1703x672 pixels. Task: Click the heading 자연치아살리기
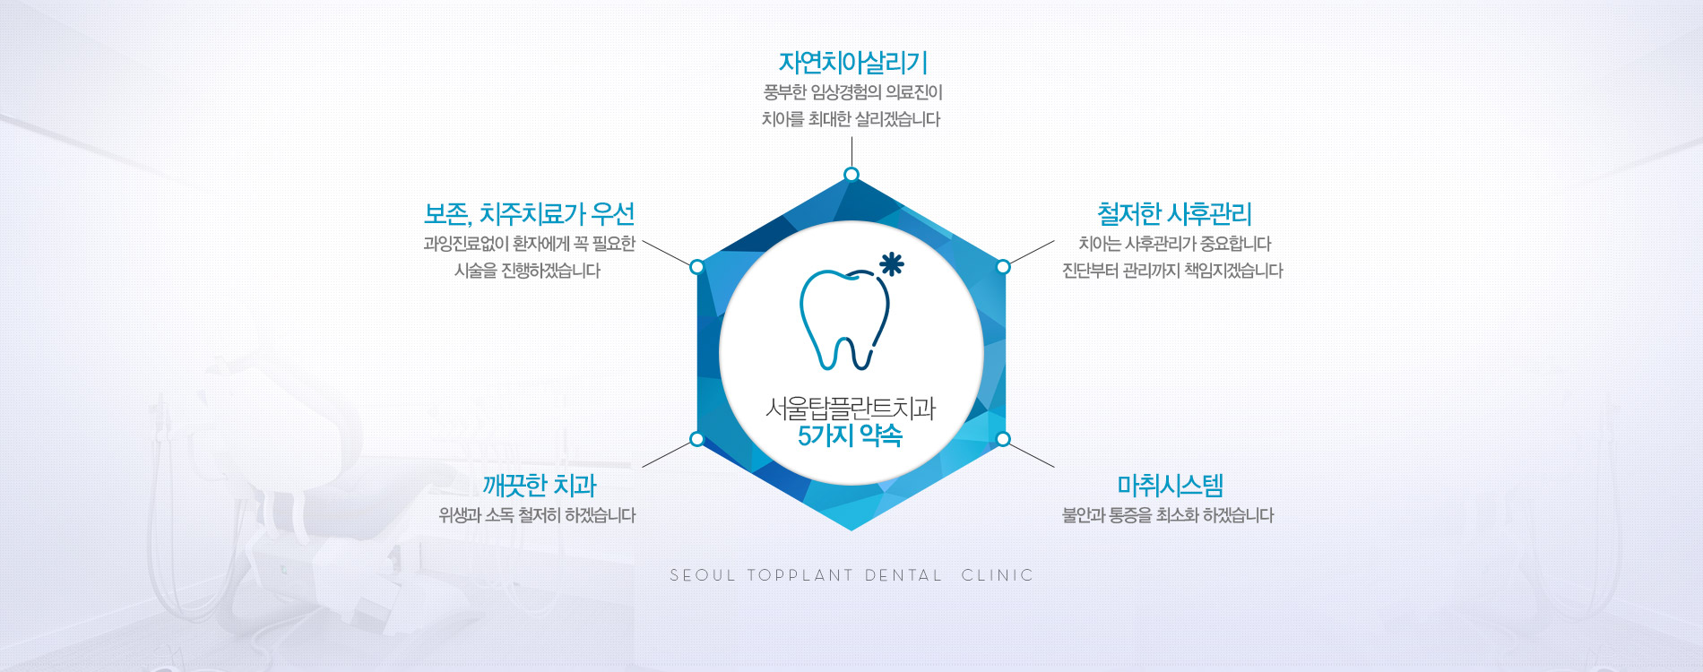852,63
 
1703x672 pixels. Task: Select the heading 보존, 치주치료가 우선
529,214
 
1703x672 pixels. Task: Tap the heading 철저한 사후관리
1174,214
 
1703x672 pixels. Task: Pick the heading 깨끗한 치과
540,486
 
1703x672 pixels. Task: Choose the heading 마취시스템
1170,486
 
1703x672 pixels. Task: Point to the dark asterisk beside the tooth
891,264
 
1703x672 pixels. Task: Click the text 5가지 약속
851,436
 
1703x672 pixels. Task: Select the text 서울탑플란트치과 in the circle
851,409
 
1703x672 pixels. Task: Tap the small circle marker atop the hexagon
851,174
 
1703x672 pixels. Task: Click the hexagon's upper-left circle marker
697,266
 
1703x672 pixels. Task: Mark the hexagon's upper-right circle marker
1003,266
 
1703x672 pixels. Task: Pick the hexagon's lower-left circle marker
697,439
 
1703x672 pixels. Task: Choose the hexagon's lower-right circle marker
1003,439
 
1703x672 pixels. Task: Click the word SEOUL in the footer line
703,575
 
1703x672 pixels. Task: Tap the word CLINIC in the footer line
998,575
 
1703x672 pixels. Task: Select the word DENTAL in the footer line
903,575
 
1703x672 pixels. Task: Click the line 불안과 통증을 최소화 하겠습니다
1168,515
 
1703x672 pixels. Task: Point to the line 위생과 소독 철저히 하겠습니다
537,515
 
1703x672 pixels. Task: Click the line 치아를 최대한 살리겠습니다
851,119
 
